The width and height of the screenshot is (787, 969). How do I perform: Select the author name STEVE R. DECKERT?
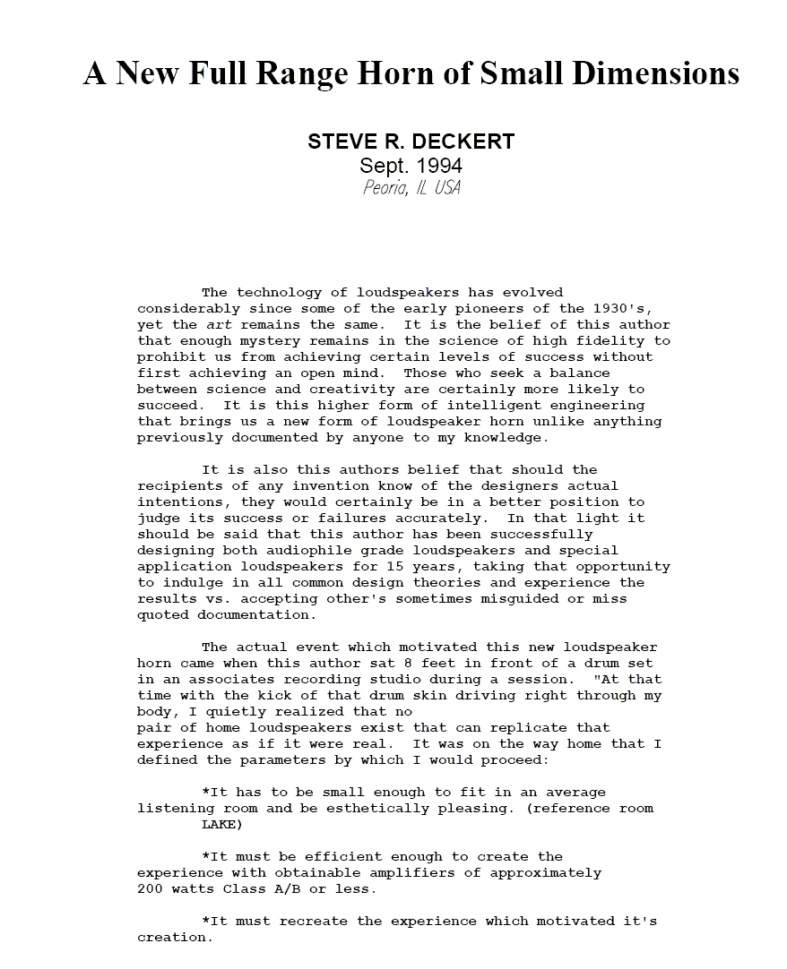pos(411,142)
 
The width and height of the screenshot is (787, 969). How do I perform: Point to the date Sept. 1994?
pos(411,166)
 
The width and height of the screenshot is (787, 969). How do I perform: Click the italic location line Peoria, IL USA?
pos(411,188)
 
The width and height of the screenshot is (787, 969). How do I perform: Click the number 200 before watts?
pos(150,889)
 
